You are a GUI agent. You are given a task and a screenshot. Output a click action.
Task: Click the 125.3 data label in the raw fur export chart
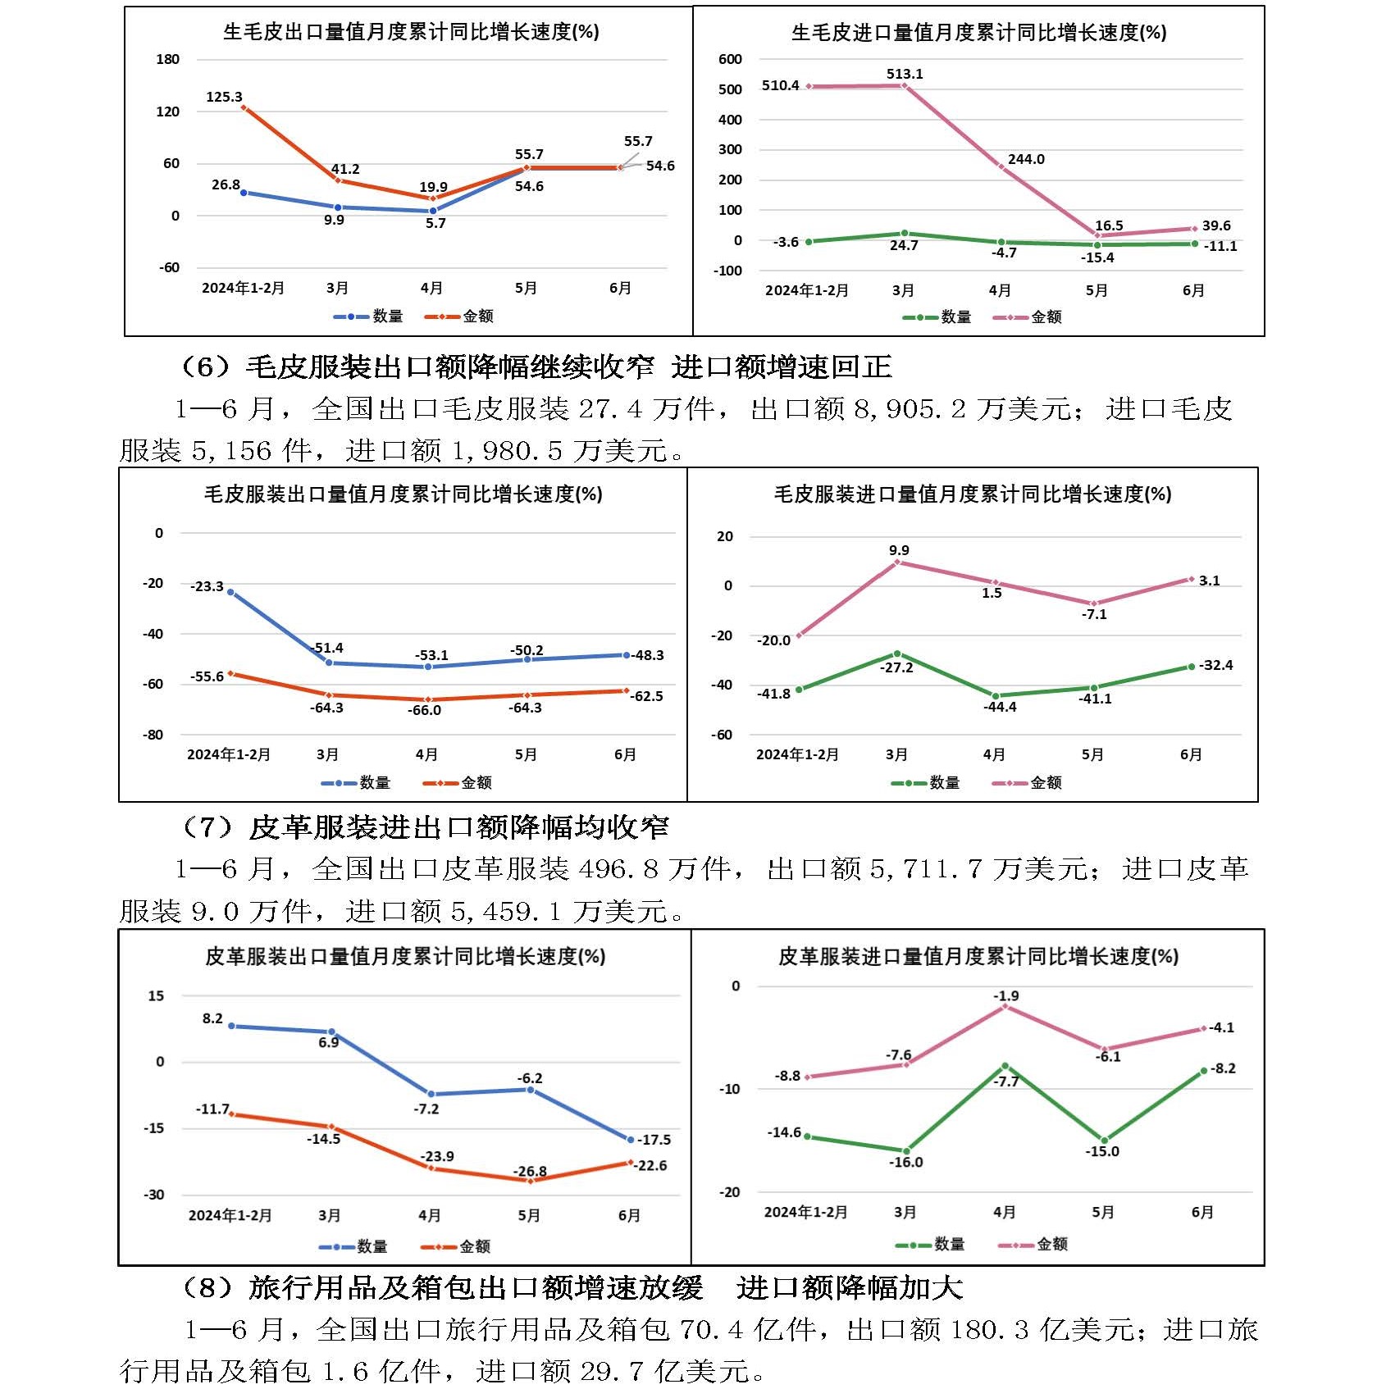click(x=224, y=97)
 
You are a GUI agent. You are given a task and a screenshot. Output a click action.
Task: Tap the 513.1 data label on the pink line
click(x=904, y=74)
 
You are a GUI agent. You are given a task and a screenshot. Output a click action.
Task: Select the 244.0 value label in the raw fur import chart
click(x=1026, y=159)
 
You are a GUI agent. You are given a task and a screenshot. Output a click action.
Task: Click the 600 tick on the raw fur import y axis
click(x=729, y=59)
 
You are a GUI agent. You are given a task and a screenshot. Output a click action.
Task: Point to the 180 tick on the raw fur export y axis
click(x=167, y=59)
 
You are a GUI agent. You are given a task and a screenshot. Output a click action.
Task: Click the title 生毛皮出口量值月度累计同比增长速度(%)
click(x=411, y=32)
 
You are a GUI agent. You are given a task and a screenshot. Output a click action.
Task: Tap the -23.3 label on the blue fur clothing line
click(x=207, y=586)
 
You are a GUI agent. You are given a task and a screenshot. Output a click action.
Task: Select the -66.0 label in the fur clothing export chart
click(x=424, y=710)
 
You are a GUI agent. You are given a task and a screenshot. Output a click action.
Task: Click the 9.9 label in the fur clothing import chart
click(x=899, y=550)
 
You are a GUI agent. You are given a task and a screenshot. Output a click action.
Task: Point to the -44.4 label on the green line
click(x=1000, y=707)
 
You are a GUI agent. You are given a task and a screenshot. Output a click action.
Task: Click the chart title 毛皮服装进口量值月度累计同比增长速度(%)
click(x=973, y=494)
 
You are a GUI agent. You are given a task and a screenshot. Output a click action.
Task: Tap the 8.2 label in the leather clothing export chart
click(x=212, y=1018)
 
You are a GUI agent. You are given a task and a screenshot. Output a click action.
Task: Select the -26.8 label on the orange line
click(x=530, y=1171)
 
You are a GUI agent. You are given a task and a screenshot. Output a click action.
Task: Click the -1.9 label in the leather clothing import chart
click(x=1005, y=995)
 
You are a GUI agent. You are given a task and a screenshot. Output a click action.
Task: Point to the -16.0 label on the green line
click(x=906, y=1162)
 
